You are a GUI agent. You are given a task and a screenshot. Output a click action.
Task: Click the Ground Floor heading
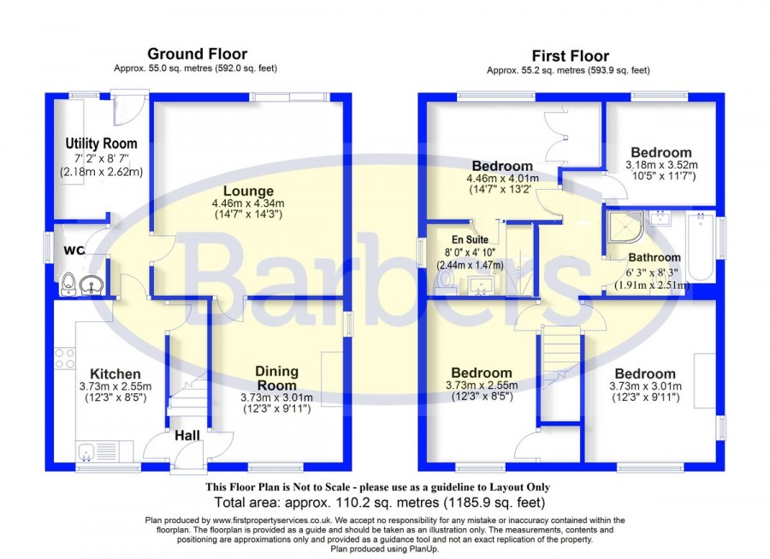click(x=197, y=54)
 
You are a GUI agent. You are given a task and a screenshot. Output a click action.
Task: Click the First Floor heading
click(x=570, y=56)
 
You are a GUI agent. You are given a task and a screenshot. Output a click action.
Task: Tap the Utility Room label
click(x=101, y=144)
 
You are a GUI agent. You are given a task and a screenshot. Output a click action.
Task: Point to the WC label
click(x=74, y=250)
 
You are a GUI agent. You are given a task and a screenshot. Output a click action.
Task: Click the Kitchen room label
click(x=115, y=374)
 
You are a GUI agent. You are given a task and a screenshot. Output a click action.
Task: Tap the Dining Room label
click(x=276, y=378)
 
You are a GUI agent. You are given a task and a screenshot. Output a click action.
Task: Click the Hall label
click(x=187, y=435)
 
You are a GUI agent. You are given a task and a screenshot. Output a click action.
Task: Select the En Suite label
click(x=470, y=239)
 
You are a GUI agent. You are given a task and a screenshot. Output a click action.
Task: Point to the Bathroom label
click(x=654, y=257)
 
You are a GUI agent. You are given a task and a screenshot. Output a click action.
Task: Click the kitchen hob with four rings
click(x=64, y=358)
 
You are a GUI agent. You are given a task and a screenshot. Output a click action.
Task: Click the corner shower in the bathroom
click(x=625, y=227)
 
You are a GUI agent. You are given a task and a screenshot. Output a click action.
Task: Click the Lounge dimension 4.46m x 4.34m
click(x=248, y=203)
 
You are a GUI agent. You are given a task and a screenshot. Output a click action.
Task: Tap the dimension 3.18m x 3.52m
click(x=661, y=165)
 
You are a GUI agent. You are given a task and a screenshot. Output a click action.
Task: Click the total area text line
click(x=380, y=503)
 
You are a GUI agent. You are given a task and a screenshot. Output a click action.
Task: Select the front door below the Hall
click(x=188, y=456)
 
